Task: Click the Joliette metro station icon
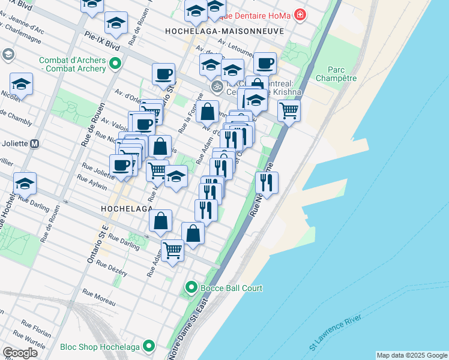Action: point(35,144)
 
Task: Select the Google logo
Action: point(20,352)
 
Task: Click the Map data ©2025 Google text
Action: point(412,355)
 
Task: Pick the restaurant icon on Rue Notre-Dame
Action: point(267,182)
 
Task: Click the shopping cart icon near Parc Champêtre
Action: point(289,110)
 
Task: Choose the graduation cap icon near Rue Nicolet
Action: point(21,84)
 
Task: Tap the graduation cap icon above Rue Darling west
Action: point(25,183)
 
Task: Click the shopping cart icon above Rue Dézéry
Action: point(172,248)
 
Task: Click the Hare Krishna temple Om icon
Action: point(216,87)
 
